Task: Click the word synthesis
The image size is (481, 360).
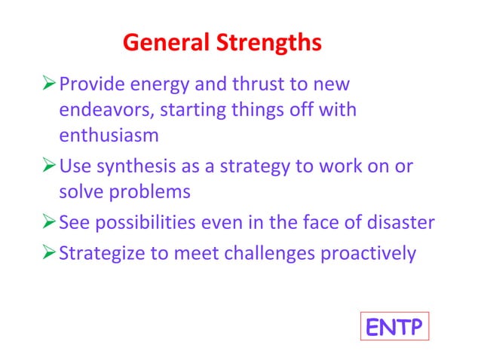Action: click(x=134, y=165)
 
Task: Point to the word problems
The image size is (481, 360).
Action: click(x=148, y=193)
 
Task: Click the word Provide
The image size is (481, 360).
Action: click(x=90, y=83)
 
